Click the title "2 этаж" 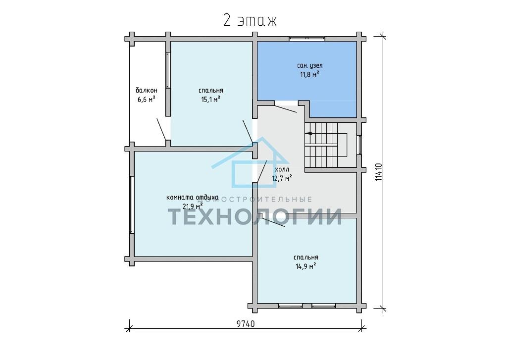click(x=250, y=20)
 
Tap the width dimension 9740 click(x=246, y=324)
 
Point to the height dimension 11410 click(x=378, y=172)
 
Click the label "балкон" click(x=147, y=90)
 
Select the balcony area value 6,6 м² click(x=146, y=100)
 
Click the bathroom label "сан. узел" click(x=309, y=65)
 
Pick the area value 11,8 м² click(x=309, y=75)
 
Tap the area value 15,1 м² click(x=211, y=100)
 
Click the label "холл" click(x=282, y=169)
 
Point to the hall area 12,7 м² click(x=282, y=178)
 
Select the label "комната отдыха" click(x=192, y=198)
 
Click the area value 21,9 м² click(x=193, y=206)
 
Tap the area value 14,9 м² click(x=306, y=266)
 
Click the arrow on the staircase click(x=308, y=133)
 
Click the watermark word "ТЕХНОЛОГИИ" click(x=254, y=216)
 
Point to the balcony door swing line click(x=161, y=129)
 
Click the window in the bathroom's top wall click(x=307, y=39)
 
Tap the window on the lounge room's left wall click(x=132, y=205)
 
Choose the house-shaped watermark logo click(x=251, y=162)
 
